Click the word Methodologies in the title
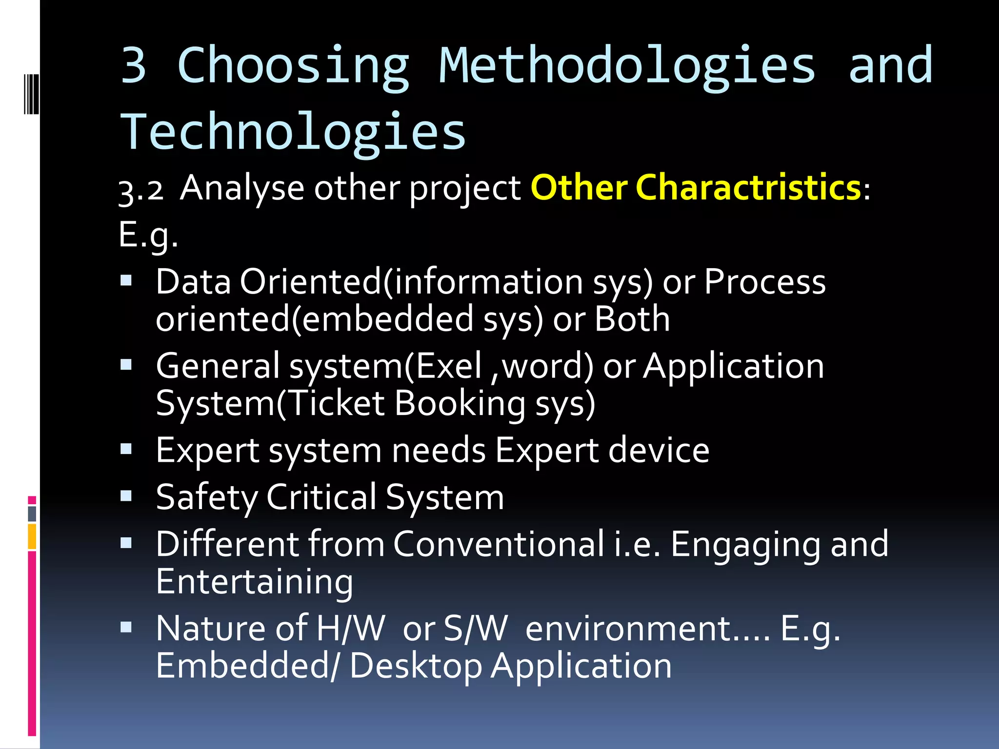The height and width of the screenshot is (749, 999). click(x=627, y=66)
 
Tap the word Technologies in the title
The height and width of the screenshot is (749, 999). click(x=293, y=132)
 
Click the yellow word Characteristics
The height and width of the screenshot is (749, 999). click(x=748, y=187)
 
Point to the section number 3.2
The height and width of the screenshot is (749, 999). click(x=140, y=190)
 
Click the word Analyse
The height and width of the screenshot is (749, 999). click(x=242, y=188)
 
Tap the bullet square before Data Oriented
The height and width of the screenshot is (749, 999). click(x=126, y=280)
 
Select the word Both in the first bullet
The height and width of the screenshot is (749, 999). click(x=632, y=319)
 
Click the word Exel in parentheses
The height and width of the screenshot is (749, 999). click(x=449, y=366)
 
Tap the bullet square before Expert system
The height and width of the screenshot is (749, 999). click(x=126, y=449)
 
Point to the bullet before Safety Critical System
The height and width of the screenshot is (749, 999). click(x=126, y=496)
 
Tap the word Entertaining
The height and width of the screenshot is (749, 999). click(x=254, y=581)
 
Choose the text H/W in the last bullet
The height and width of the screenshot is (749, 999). click(x=350, y=629)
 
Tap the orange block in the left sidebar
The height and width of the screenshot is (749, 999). click(x=32, y=536)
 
